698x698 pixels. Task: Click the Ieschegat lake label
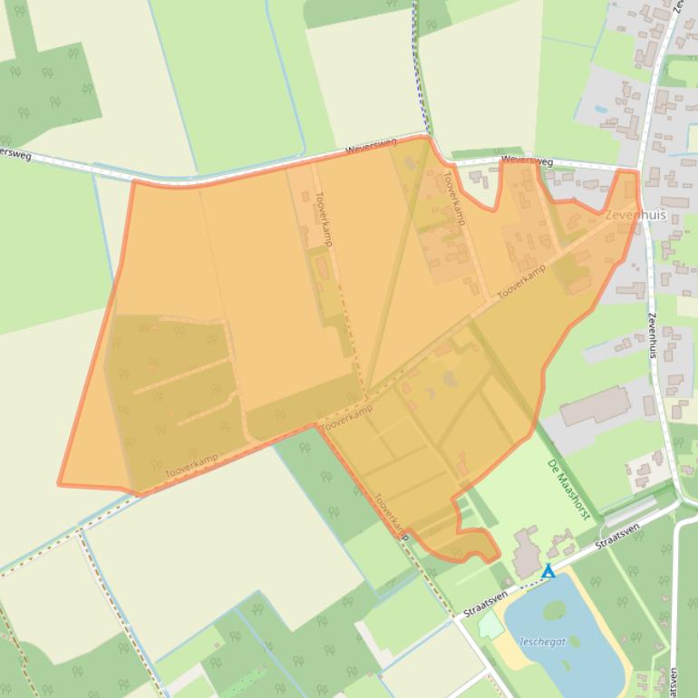(543, 642)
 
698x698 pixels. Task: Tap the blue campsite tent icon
(548, 571)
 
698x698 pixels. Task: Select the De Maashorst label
(569, 490)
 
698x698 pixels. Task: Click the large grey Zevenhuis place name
(635, 216)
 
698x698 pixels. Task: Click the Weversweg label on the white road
(527, 161)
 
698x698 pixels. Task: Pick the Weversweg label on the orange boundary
(372, 149)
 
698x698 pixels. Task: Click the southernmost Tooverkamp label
(392, 517)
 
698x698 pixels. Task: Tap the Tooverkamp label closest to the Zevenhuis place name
(521, 281)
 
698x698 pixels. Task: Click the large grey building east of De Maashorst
(595, 406)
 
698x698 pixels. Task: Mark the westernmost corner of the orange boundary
(60, 483)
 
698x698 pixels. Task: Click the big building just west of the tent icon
(524, 553)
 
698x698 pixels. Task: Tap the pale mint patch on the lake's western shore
(490, 625)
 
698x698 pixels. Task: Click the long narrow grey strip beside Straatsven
(627, 513)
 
